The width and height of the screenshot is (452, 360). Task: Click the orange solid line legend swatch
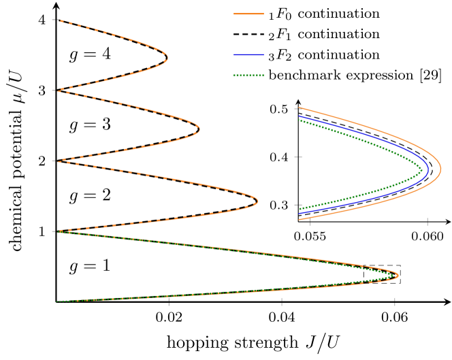click(x=248, y=14)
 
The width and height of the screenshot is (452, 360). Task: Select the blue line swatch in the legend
click(x=248, y=54)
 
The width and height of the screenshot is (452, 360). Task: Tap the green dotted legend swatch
click(x=248, y=76)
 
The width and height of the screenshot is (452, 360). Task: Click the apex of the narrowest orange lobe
click(x=167, y=59)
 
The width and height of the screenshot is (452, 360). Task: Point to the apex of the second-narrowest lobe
click(x=199, y=129)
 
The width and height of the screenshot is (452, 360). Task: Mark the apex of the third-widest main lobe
click(x=257, y=201)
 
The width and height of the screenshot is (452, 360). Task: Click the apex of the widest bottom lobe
click(x=398, y=275)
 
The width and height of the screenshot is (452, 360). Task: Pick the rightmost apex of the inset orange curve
click(x=441, y=167)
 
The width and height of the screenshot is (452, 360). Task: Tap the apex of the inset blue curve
click(x=428, y=168)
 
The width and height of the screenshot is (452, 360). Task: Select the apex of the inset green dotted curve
click(x=422, y=169)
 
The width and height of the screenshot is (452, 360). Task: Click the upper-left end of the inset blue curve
click(x=300, y=116)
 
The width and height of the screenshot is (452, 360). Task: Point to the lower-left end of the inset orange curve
click(x=300, y=218)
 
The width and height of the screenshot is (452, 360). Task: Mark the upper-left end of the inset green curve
click(x=300, y=120)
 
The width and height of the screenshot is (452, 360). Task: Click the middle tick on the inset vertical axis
click(x=297, y=157)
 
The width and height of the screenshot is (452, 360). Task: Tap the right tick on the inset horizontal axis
click(x=427, y=221)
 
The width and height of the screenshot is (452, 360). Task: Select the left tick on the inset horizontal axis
click(x=310, y=221)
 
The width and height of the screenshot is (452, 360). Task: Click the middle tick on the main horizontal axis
click(x=282, y=301)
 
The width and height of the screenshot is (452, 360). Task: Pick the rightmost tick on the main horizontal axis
click(x=394, y=301)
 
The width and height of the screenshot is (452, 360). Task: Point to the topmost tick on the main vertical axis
click(x=53, y=20)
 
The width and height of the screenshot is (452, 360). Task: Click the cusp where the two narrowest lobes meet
click(x=57, y=91)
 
